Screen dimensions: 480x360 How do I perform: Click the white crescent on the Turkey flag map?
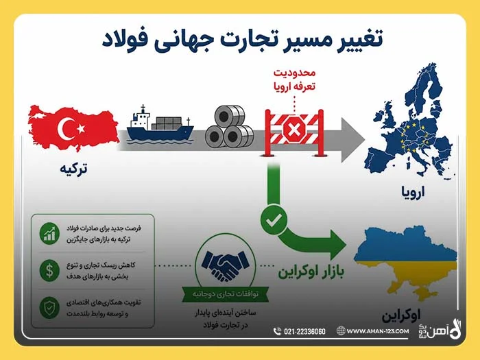coord(64,129)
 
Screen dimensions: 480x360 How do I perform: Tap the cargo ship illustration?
coord(160,125)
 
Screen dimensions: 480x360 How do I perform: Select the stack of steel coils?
coord(229,127)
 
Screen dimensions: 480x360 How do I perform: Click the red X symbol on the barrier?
coord(294,130)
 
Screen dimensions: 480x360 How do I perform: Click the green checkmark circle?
coord(274,220)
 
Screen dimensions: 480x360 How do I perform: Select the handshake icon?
coord(225,265)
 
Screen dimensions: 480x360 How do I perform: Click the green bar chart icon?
coord(49,233)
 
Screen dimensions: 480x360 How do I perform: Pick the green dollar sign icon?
coord(49,270)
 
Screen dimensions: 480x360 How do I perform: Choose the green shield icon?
coord(49,308)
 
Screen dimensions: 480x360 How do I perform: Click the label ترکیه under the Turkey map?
coord(73,169)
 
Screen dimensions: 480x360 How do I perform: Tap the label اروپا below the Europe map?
coord(413,191)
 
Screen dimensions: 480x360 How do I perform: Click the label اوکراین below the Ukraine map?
coord(401,315)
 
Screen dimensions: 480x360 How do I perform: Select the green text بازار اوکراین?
coord(311,272)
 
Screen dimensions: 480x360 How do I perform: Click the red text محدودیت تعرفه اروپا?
coord(294,80)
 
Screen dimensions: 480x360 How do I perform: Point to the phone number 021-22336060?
coord(304,331)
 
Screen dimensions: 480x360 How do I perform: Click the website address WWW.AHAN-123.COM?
coord(378,331)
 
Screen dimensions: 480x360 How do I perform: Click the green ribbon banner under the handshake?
coord(226,294)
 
